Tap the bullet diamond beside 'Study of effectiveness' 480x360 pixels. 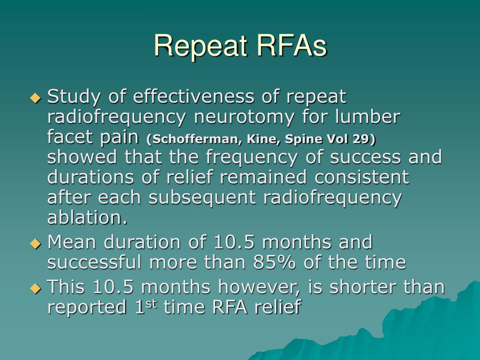(35, 97)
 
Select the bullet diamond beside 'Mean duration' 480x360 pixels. (35, 243)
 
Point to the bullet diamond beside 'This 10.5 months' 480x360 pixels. (35, 287)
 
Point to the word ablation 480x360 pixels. (87, 217)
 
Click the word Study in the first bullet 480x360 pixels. (74, 97)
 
